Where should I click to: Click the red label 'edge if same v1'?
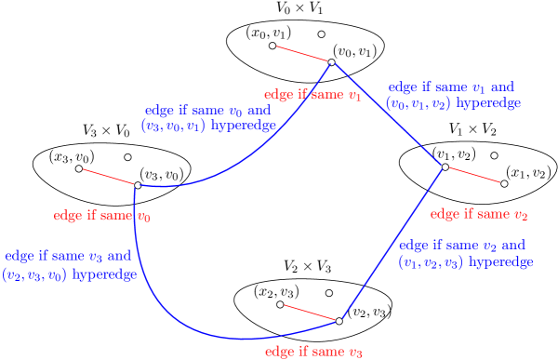pos(312,95)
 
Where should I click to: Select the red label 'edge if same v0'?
pos(102,216)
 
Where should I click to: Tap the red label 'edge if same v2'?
pos(479,214)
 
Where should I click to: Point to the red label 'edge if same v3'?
pos(313,352)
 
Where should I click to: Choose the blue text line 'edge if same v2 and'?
pos(462,246)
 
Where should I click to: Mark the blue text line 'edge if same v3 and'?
pos(68,256)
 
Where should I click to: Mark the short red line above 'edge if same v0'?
pos(108,177)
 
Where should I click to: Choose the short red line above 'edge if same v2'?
pos(474,175)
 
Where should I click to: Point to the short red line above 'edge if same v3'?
pos(310,313)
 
